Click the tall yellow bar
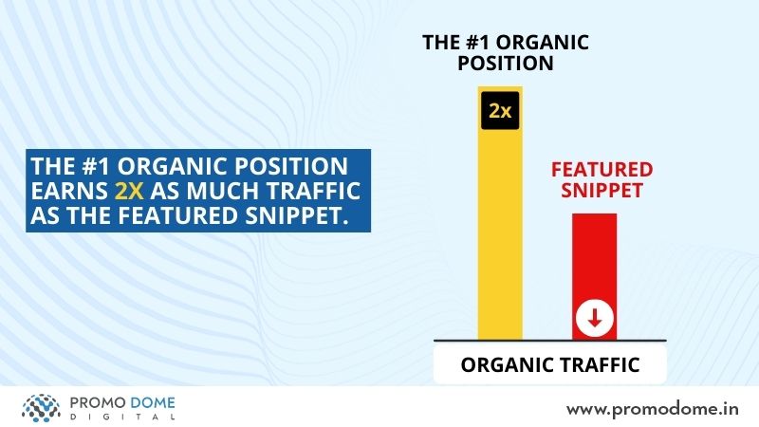click(500, 213)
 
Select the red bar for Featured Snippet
click(595, 277)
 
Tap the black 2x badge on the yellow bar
click(500, 111)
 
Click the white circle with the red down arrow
click(595, 319)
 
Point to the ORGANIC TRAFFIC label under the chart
click(550, 365)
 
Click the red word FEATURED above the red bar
click(602, 170)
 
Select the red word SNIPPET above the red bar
click(602, 191)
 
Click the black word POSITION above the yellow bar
click(506, 64)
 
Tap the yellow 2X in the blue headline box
click(129, 191)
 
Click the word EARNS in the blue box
click(69, 191)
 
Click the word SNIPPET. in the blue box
click(297, 215)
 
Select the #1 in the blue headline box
click(97, 166)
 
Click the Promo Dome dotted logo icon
click(41, 408)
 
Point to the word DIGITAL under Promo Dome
click(122, 418)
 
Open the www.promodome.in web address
click(653, 410)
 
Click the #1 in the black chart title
click(478, 43)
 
